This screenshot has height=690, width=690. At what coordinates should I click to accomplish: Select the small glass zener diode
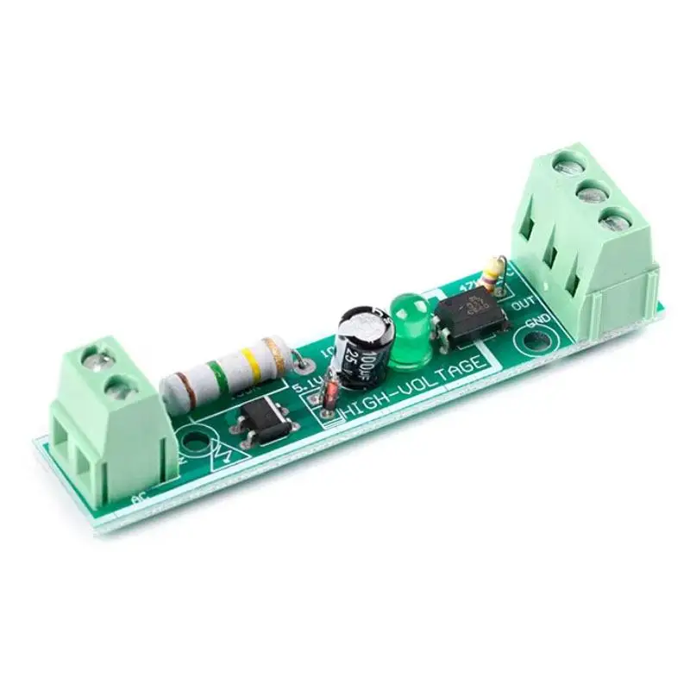(x=329, y=395)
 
